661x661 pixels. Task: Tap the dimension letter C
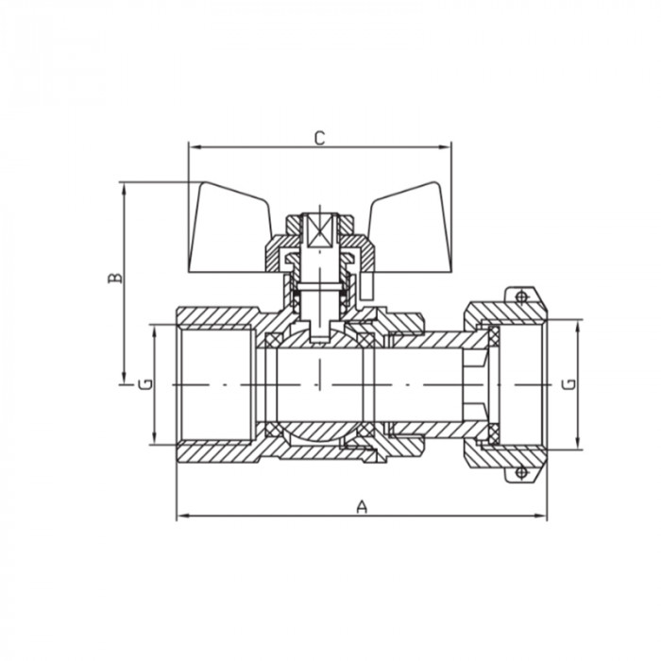[319, 138]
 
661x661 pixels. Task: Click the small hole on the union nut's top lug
[518, 297]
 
